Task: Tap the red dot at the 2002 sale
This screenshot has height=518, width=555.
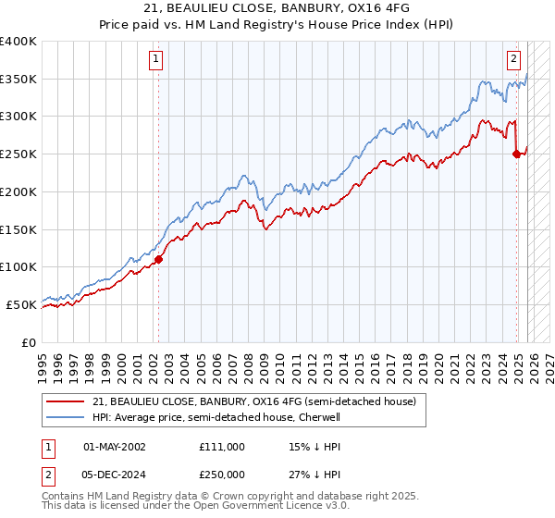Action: tap(158, 259)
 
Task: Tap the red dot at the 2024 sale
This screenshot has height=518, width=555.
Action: tap(516, 154)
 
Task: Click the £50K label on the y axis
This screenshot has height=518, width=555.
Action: tap(22, 304)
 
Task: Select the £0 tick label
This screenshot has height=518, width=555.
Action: tap(30, 342)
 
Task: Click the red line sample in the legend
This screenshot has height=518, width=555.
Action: tap(66, 402)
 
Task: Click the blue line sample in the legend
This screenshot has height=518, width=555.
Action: tap(66, 418)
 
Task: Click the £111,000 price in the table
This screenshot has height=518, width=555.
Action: tap(221, 447)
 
